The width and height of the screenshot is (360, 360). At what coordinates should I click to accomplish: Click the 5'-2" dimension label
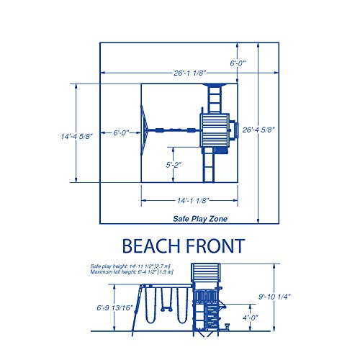pyautogui.click(x=173, y=165)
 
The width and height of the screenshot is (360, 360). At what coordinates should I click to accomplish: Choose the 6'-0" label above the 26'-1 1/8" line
pyautogui.click(x=238, y=63)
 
